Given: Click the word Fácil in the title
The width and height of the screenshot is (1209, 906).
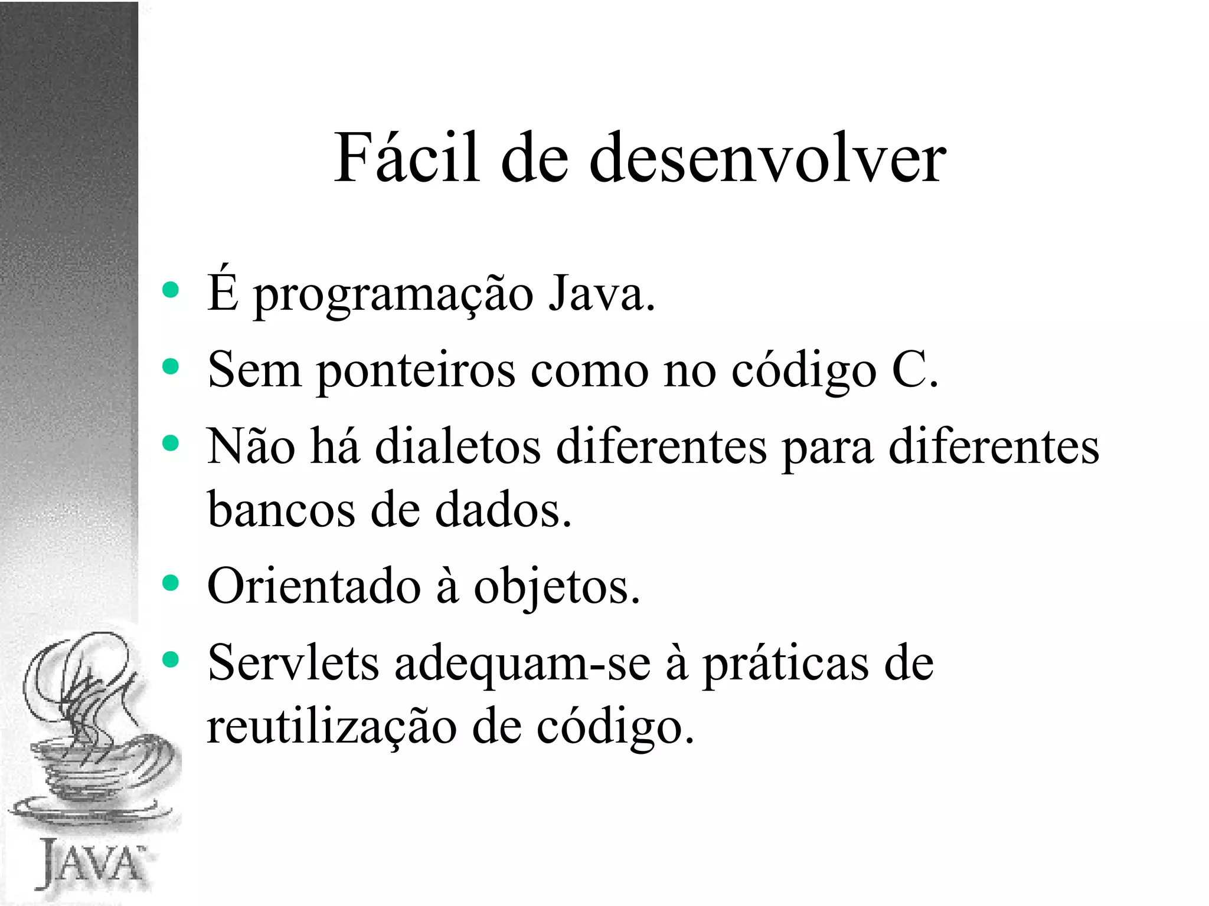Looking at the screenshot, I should point(406,158).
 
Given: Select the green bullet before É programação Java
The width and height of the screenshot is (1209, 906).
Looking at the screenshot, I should point(170,290).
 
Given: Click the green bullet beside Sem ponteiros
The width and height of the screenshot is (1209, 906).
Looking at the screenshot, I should point(170,366).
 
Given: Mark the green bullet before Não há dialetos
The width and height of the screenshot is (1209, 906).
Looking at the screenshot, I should point(170,443).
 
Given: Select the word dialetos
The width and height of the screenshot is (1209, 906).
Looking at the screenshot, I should point(458,447).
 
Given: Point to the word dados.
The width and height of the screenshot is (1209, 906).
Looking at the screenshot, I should point(503,510).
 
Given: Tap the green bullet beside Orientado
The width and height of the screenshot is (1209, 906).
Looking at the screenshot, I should point(170,583).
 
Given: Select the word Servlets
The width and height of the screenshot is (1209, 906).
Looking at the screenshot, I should point(293,663).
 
